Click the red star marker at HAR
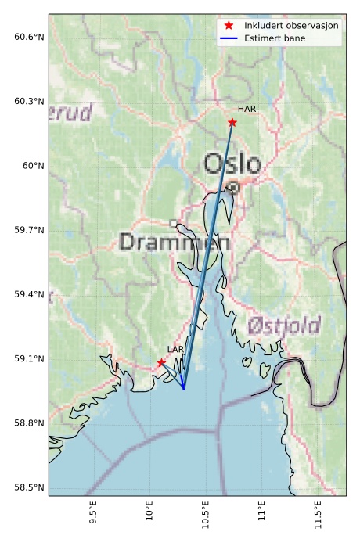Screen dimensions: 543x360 [232, 122]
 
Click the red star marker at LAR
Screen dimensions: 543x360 [161, 362]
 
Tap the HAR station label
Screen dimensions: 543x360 [247, 109]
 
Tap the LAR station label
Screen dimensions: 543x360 [175, 349]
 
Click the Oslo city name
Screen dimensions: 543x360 [232, 164]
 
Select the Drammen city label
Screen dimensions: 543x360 [175, 243]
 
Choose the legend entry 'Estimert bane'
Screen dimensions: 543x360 [275, 38]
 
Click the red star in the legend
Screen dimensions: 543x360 [229, 26]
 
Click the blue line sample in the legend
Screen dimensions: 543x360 [229, 38]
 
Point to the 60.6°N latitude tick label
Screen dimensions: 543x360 [30, 37]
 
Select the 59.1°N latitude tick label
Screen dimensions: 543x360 [30, 359]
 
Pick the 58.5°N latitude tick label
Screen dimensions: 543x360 [30, 488]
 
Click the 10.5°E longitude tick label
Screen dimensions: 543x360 [206, 517]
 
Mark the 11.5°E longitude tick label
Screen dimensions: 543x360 [318, 517]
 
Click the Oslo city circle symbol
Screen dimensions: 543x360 [233, 187]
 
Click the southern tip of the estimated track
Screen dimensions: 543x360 [184, 389]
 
